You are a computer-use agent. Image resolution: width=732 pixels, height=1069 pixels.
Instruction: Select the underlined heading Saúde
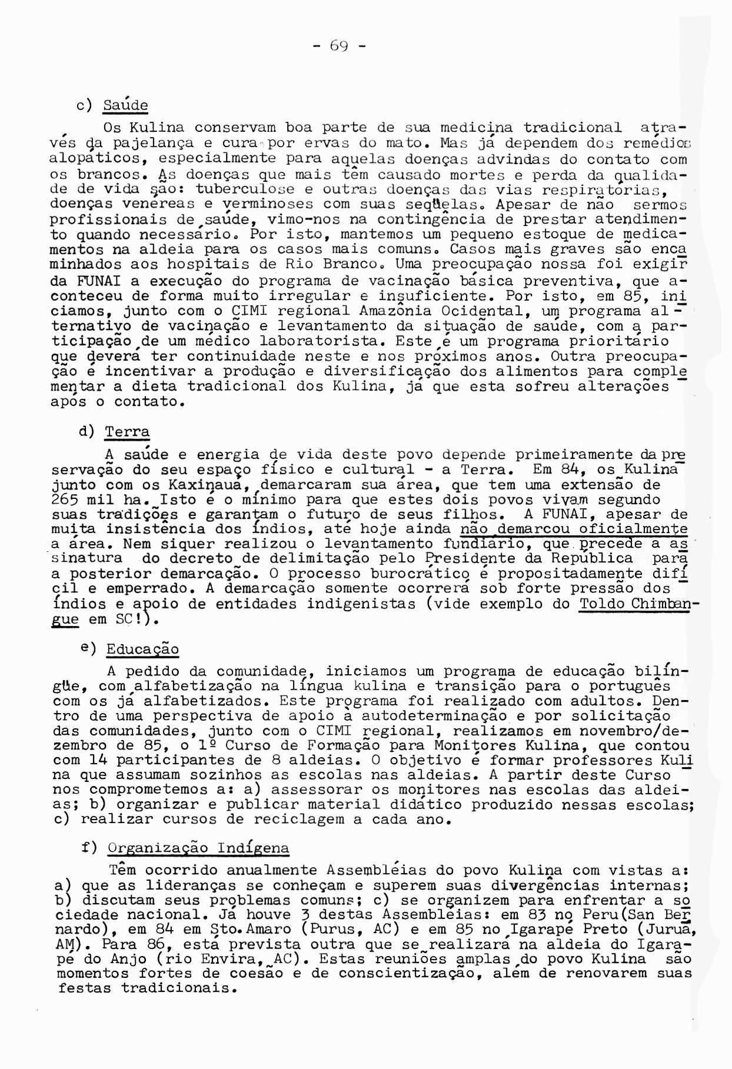click(125, 106)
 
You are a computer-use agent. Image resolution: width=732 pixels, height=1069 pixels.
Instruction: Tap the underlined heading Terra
click(127, 431)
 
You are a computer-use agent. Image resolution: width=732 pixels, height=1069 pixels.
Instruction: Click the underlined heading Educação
click(142, 650)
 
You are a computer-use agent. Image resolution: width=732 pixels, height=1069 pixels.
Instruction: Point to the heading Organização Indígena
click(199, 848)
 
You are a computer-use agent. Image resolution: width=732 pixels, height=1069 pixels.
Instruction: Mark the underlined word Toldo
click(601, 604)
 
